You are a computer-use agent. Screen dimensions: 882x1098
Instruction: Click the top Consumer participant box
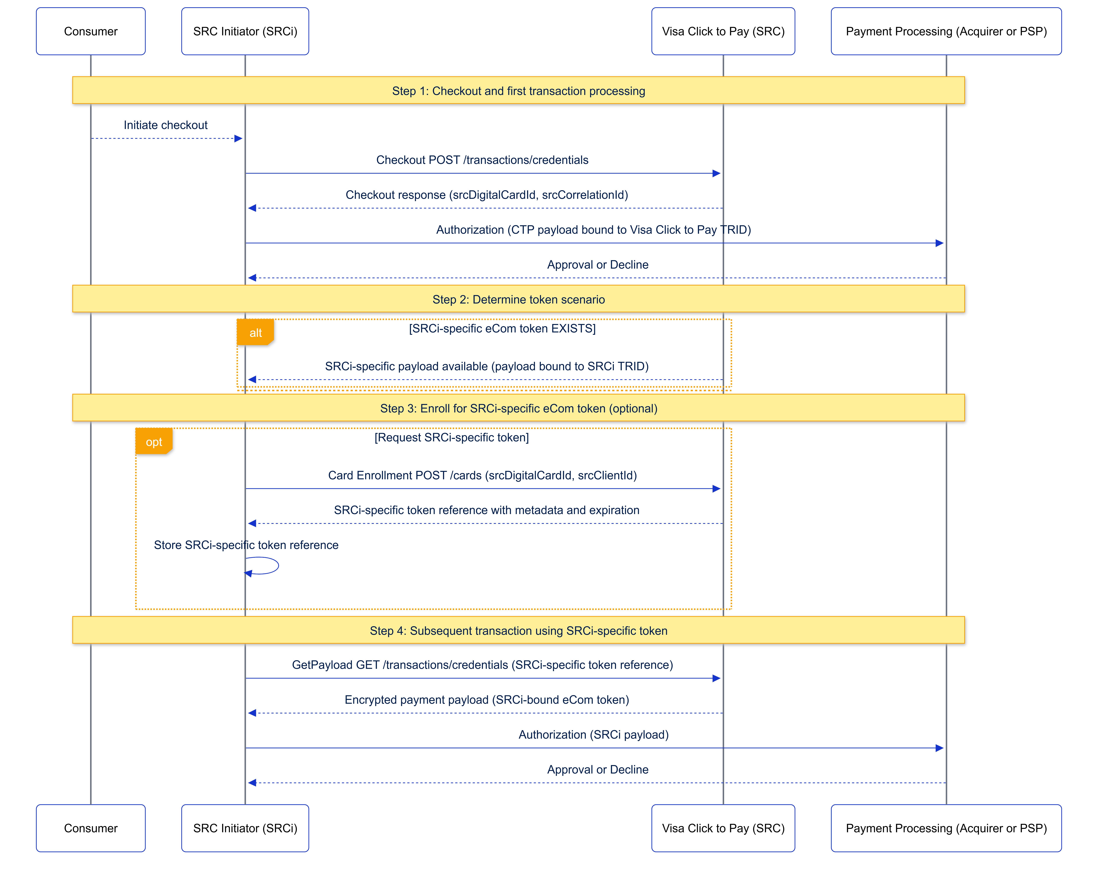pyautogui.click(x=91, y=31)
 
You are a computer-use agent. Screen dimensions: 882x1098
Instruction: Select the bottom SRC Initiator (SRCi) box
pyautogui.click(x=245, y=828)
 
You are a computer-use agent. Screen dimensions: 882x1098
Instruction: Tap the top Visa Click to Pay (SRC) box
pyautogui.click(x=723, y=31)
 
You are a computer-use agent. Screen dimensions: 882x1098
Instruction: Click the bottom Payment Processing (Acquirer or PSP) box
pyautogui.click(x=946, y=828)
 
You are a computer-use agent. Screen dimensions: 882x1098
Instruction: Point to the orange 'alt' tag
pyautogui.click(x=255, y=333)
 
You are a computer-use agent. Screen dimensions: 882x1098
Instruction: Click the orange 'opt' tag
pyautogui.click(x=154, y=442)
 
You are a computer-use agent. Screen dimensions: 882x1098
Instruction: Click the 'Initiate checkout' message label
pyautogui.click(x=166, y=125)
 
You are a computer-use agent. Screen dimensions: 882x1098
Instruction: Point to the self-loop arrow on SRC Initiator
pyautogui.click(x=270, y=566)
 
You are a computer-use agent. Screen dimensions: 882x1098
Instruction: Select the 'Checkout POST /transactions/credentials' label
pyautogui.click(x=482, y=160)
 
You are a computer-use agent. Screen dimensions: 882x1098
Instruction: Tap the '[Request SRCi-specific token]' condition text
pyautogui.click(x=451, y=437)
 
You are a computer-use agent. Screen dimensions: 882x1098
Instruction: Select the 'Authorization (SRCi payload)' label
pyautogui.click(x=593, y=734)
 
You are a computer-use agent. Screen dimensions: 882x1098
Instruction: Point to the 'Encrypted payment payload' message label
pyautogui.click(x=486, y=700)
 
